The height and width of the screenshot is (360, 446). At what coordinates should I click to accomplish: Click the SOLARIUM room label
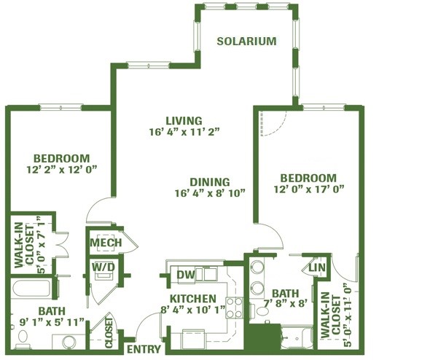pyautogui.click(x=246, y=42)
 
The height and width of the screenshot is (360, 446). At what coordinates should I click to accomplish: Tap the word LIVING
pyautogui.click(x=184, y=120)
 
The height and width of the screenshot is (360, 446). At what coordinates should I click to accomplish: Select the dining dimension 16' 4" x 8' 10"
pyautogui.click(x=210, y=193)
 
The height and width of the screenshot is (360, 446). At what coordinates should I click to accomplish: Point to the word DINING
pyautogui.click(x=210, y=182)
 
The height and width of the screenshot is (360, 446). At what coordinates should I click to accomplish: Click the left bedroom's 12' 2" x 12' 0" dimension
pyautogui.click(x=62, y=170)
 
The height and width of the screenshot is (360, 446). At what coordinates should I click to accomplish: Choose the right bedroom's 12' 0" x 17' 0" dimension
pyautogui.click(x=309, y=189)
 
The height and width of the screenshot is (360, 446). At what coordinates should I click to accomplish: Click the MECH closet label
pyautogui.click(x=106, y=243)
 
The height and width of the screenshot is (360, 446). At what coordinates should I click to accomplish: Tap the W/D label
pyautogui.click(x=103, y=267)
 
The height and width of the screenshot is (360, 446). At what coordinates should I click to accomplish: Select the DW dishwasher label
pyautogui.click(x=186, y=275)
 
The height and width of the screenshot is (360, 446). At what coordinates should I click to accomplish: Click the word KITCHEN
pyautogui.click(x=193, y=299)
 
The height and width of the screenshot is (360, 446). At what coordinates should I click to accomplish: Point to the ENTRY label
pyautogui.click(x=144, y=349)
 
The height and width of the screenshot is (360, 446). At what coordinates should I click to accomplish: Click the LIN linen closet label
pyautogui.click(x=317, y=267)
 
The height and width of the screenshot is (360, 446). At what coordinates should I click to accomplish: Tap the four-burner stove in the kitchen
pyautogui.click(x=235, y=308)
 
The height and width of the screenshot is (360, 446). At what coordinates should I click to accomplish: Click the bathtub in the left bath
pyautogui.click(x=31, y=289)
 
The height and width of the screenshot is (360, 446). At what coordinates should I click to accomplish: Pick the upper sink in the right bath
pyautogui.click(x=258, y=267)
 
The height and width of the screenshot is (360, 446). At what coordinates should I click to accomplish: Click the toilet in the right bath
pyautogui.click(x=259, y=310)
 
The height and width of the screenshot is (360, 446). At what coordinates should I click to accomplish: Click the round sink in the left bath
pyautogui.click(x=69, y=342)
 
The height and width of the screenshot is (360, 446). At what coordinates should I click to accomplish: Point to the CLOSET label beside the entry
pyautogui.click(x=109, y=333)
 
